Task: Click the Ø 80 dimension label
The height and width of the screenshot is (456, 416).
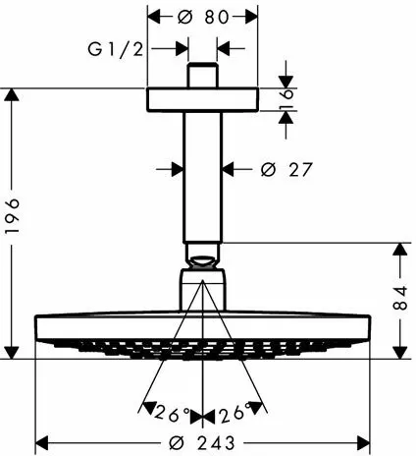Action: (203, 17)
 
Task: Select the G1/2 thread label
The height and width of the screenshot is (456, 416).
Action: (116, 50)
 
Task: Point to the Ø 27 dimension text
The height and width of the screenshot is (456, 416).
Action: (286, 169)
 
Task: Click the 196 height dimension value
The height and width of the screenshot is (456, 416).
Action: (13, 215)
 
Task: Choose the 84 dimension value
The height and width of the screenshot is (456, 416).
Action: (400, 298)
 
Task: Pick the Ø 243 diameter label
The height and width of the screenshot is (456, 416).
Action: (202, 443)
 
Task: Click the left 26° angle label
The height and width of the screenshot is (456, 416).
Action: (172, 414)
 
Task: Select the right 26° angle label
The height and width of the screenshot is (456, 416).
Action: (236, 412)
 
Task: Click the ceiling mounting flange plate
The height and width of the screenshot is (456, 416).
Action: (202, 99)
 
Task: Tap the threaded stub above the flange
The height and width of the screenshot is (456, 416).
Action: (202, 76)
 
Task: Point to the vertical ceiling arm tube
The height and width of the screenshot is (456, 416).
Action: (202, 177)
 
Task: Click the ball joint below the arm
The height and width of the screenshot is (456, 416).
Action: (202, 261)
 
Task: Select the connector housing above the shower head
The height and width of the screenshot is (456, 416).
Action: (202, 290)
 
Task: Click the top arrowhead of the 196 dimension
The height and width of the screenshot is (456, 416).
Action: (13, 94)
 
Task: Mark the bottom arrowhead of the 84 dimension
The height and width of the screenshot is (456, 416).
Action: (400, 353)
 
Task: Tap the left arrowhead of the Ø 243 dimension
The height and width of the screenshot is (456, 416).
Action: (41, 443)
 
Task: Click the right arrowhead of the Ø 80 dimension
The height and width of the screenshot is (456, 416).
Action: (251, 17)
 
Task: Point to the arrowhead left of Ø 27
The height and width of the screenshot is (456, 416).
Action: (177, 169)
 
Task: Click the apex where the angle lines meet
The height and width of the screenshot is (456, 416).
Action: (203, 280)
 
